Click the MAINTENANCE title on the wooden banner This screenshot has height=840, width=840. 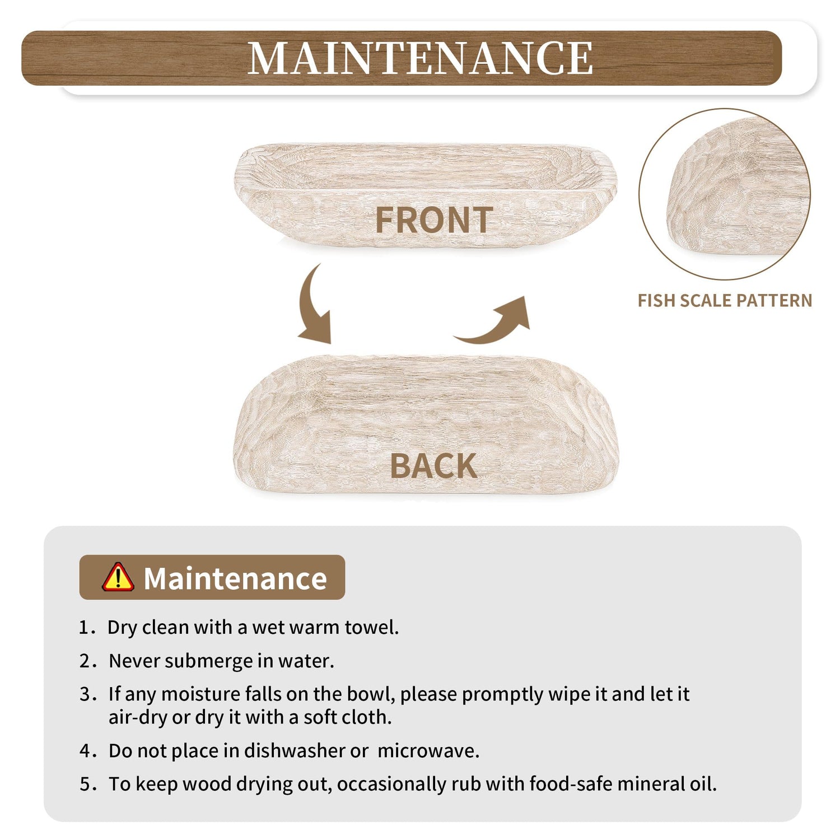[420, 58]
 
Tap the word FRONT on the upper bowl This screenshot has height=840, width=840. [434, 220]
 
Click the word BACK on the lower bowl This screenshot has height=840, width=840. [433, 466]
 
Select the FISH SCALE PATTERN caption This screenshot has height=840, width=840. [725, 301]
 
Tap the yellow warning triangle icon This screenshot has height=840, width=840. [118, 577]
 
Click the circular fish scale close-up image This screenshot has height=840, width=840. [725, 194]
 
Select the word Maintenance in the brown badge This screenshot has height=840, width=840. [235, 578]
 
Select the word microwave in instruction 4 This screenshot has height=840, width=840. [428, 751]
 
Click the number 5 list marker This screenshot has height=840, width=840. [85, 785]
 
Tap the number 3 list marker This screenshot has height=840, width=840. [85, 695]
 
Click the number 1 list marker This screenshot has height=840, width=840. [84, 628]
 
